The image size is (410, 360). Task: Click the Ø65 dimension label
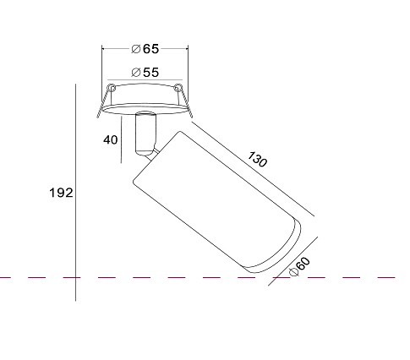tap(145, 49)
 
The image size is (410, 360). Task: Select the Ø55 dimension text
tap(145, 73)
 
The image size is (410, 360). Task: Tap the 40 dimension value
tap(111, 139)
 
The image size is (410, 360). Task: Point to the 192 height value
tap(61, 193)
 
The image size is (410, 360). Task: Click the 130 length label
tap(257, 160)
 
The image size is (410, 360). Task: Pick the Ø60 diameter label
tap(299, 266)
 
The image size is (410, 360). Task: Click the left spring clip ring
tap(112, 87)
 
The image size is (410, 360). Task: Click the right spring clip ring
tap(178, 87)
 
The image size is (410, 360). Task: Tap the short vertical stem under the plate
tap(145, 134)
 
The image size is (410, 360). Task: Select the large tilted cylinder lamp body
tap(216, 202)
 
